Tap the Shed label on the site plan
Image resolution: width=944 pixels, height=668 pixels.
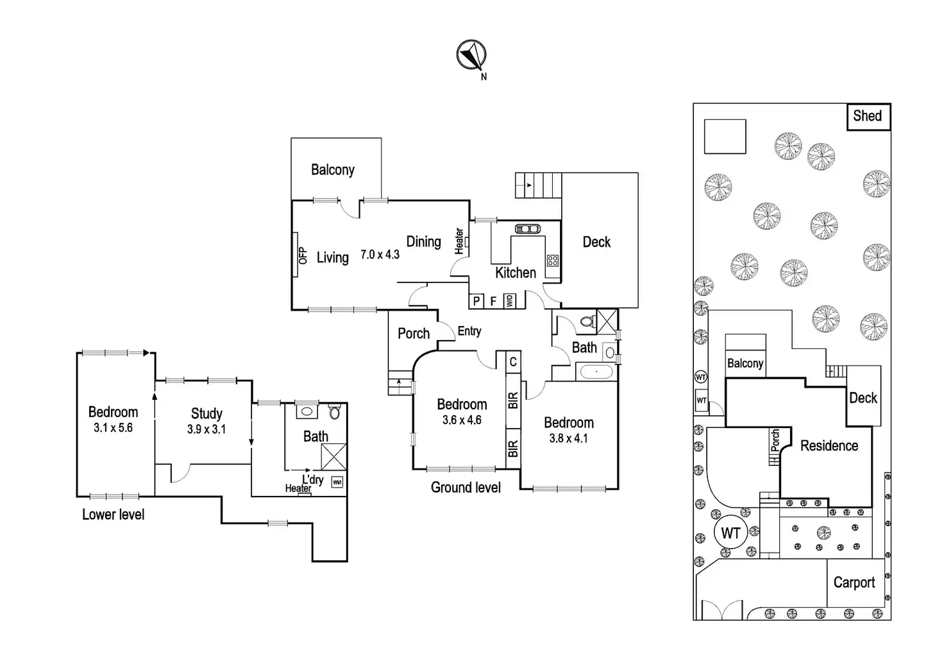(x=867, y=116)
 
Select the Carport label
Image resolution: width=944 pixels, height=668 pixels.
(x=854, y=583)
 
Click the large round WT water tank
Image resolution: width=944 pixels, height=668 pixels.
(x=730, y=533)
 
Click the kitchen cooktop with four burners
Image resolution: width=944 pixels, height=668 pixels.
(x=552, y=261)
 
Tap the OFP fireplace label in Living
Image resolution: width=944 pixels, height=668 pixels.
(x=302, y=255)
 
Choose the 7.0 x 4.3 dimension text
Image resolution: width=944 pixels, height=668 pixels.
(x=380, y=255)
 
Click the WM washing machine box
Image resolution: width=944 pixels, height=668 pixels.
(x=337, y=482)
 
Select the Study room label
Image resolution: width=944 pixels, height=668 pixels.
(x=206, y=414)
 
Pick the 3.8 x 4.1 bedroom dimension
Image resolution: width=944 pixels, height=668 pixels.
(x=568, y=438)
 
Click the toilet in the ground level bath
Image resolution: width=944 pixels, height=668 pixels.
(x=586, y=321)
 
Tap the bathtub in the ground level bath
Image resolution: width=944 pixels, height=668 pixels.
(x=596, y=372)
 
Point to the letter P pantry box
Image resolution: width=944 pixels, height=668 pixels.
(x=476, y=301)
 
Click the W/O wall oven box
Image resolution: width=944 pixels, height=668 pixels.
(x=509, y=300)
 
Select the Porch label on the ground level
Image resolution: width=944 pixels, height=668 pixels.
(x=414, y=334)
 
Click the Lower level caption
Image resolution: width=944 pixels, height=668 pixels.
(x=113, y=515)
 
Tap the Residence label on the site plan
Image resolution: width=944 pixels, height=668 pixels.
(x=829, y=446)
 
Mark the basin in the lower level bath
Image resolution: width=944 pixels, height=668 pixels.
(x=307, y=411)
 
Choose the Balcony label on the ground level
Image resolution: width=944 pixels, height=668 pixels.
(x=332, y=170)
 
